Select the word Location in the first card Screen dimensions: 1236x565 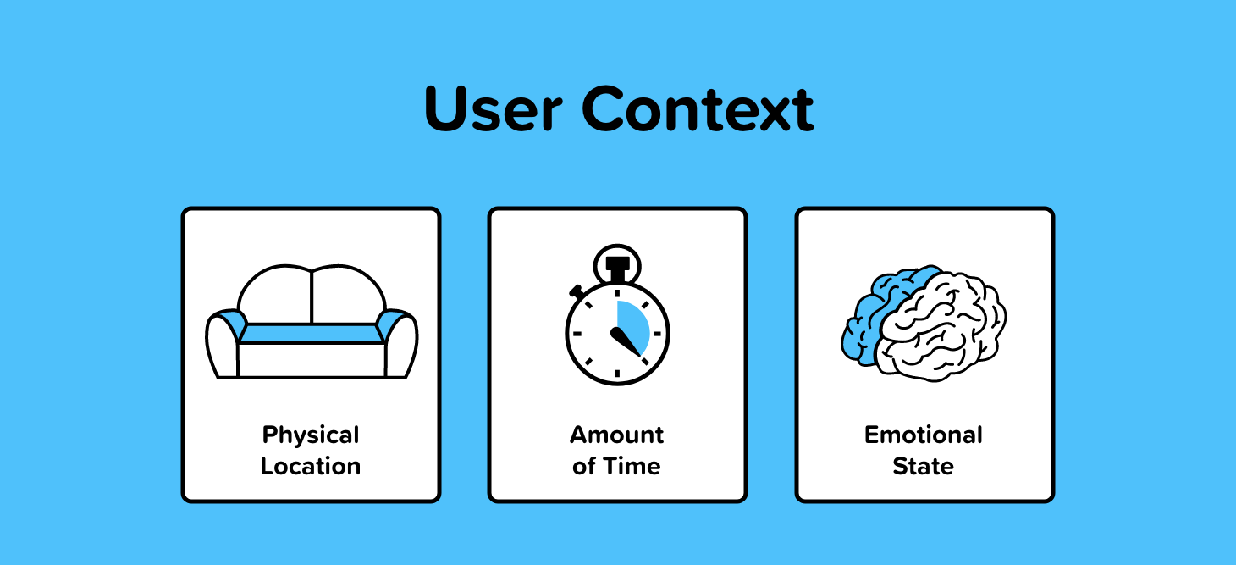[x=311, y=466]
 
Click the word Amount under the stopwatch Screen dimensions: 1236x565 [x=617, y=435]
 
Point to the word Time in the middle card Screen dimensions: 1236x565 [x=632, y=466]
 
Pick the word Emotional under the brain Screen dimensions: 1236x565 [x=924, y=435]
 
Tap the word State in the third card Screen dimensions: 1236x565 [x=923, y=466]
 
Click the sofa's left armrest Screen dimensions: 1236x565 [x=223, y=346]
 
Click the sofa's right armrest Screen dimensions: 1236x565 [x=400, y=346]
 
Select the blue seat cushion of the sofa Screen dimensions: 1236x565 [x=312, y=334]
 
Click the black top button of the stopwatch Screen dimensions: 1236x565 [x=617, y=268]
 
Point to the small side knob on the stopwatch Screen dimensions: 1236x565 [x=577, y=291]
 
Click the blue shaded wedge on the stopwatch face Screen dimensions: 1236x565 [x=633, y=326]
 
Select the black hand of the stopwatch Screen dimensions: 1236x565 [x=626, y=342]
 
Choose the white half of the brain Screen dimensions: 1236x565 [x=941, y=327]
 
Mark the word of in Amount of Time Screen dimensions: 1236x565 [x=584, y=466]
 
